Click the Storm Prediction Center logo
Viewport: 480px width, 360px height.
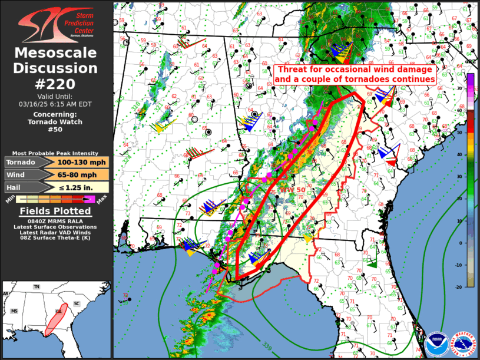click(x=56, y=24)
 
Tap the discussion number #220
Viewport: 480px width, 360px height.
click(x=56, y=84)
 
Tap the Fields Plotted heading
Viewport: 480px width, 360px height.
click(x=56, y=211)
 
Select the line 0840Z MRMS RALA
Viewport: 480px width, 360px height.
click(x=56, y=220)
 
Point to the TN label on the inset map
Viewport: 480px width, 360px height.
click(x=37, y=287)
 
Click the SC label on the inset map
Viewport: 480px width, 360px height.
click(x=77, y=303)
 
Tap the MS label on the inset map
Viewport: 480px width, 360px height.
click(x=14, y=311)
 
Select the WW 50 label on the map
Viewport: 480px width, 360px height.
click(x=293, y=190)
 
